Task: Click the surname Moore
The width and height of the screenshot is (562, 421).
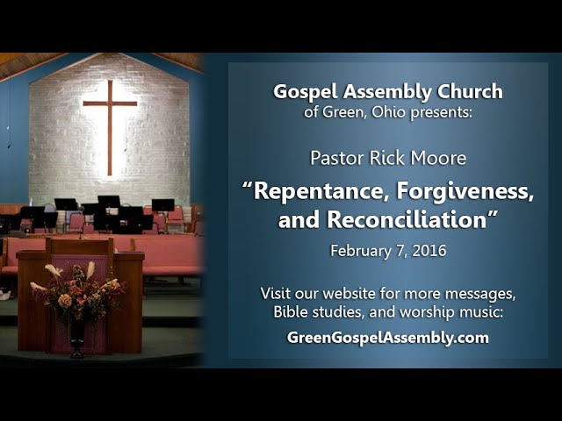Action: coord(439,159)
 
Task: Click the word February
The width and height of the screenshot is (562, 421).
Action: coord(360,251)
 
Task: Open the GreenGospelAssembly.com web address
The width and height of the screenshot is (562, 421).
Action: coord(388,337)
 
